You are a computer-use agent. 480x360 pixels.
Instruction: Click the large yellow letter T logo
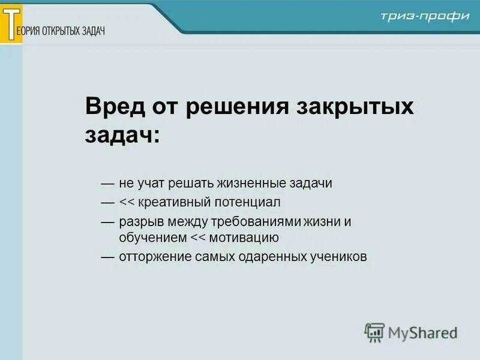click(11, 23)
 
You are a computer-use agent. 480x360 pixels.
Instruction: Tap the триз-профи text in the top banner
click(424, 16)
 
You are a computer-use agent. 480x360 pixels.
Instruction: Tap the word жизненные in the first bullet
click(250, 183)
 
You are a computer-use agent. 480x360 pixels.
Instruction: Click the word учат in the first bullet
click(149, 183)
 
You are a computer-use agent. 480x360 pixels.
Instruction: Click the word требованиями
click(245, 221)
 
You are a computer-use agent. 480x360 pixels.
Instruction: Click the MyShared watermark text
click(422, 332)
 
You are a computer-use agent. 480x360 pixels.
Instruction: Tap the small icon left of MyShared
click(374, 332)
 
